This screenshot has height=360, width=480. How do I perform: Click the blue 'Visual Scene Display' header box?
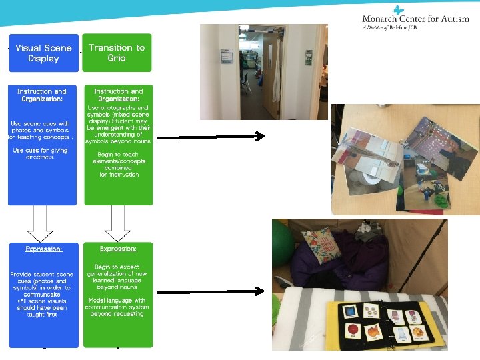pyautogui.click(x=43, y=53)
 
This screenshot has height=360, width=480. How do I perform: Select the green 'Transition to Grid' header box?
pyautogui.click(x=117, y=53)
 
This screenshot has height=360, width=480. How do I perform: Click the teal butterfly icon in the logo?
pyautogui.click(x=399, y=9)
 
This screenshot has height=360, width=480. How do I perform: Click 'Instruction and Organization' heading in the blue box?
pyautogui.click(x=42, y=95)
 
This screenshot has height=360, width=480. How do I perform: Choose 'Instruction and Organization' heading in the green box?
pyautogui.click(x=118, y=95)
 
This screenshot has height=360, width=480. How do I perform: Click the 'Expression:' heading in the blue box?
pyautogui.click(x=44, y=248)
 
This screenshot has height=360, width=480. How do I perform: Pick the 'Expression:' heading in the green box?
pyautogui.click(x=118, y=248)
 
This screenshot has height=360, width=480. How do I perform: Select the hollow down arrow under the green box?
pyautogui.click(x=117, y=223)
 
